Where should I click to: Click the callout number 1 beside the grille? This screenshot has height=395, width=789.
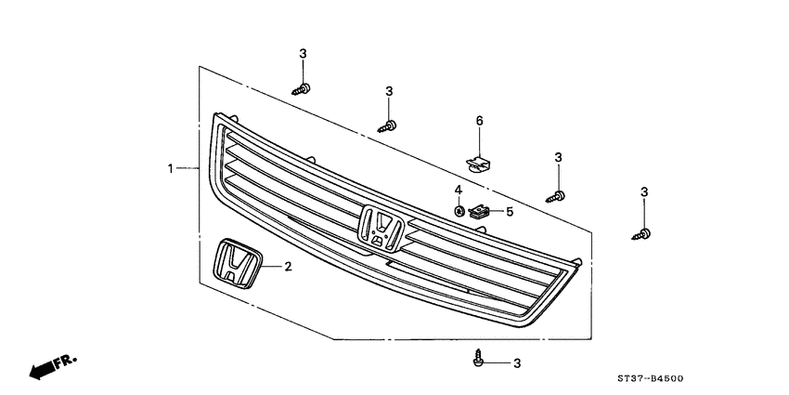pyautogui.click(x=171, y=168)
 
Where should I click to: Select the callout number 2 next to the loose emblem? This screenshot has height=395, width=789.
pyautogui.click(x=288, y=267)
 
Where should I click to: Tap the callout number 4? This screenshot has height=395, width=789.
pyautogui.click(x=459, y=191)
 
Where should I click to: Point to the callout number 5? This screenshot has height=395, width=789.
pyautogui.click(x=509, y=212)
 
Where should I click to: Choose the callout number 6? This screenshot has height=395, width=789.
pyautogui.click(x=480, y=122)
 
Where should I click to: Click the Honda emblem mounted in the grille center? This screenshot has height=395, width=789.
pyautogui.click(x=380, y=228)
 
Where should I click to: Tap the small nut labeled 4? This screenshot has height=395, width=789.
pyautogui.click(x=459, y=211)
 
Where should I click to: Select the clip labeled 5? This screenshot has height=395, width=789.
pyautogui.click(x=479, y=212)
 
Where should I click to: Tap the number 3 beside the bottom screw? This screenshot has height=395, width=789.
pyautogui.click(x=517, y=362)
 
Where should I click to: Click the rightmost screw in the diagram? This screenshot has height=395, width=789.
pyautogui.click(x=642, y=232)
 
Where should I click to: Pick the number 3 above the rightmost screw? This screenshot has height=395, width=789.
pyautogui.click(x=643, y=192)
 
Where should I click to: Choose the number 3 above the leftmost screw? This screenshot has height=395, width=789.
pyautogui.click(x=303, y=56)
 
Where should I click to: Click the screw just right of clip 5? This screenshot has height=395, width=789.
pyautogui.click(x=559, y=195)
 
